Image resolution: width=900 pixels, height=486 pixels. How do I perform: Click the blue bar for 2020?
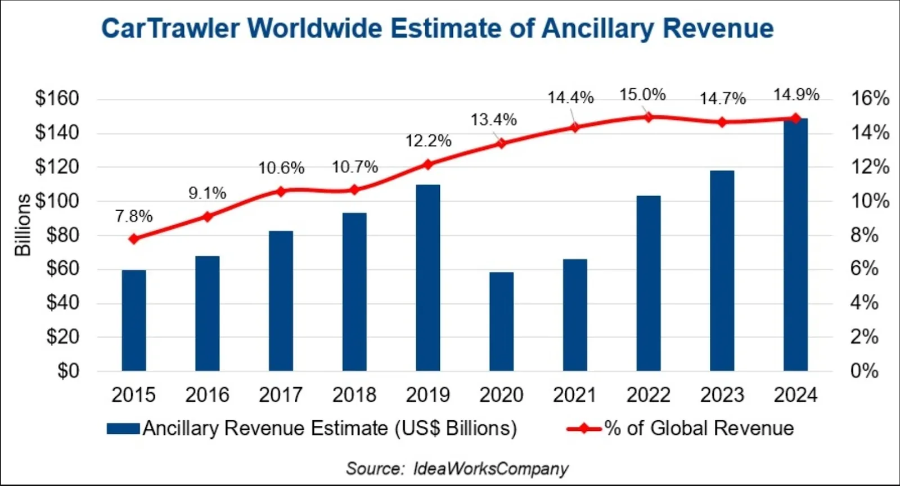[501, 321]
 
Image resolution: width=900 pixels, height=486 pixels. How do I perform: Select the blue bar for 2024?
[795, 244]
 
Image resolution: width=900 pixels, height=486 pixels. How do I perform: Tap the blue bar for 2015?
[134, 320]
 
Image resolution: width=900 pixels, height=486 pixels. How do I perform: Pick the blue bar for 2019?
[428, 278]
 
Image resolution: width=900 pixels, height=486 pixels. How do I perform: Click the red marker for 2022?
[649, 117]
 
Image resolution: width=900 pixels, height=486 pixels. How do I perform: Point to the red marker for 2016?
[208, 217]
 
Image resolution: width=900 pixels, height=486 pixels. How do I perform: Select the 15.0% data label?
[642, 95]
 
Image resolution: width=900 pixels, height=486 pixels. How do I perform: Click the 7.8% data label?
[134, 216]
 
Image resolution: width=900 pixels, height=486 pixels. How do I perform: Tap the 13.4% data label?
[493, 120]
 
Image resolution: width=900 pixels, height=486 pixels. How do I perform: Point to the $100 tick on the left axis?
[57, 201]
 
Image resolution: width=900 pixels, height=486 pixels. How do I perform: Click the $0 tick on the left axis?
[68, 371]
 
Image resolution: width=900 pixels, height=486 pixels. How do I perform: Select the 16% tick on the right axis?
[870, 98]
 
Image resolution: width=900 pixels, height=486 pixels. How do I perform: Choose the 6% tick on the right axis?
[864, 269]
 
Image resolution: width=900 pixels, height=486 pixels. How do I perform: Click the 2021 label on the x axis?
[575, 395]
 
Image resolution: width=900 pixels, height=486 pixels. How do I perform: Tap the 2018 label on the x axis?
[354, 395]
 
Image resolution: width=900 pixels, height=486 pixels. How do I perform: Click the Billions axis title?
[22, 225]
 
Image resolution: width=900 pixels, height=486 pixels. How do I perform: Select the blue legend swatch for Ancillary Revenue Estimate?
[123, 429]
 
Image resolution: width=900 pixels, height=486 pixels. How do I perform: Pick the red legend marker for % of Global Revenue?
[584, 429]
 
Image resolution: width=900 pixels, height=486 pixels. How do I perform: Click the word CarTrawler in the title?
[170, 28]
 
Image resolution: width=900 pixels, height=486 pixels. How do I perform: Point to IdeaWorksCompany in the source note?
[491, 469]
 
